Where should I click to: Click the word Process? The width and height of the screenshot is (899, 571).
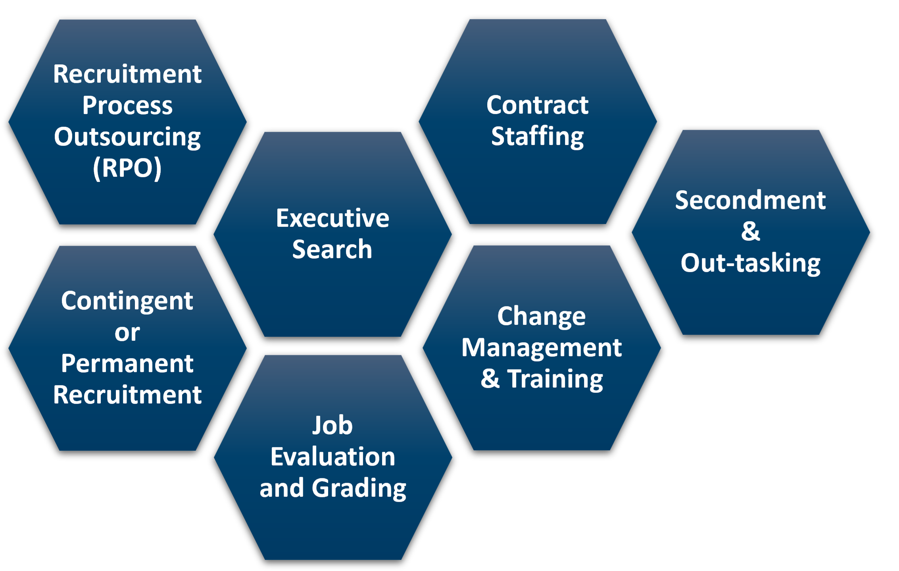127,106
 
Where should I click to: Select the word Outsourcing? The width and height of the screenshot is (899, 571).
127,137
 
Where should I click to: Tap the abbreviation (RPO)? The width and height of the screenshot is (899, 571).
127,168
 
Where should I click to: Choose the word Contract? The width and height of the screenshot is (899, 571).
538,105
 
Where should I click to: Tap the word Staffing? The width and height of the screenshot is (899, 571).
538,137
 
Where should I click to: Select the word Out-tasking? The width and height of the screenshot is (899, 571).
751,263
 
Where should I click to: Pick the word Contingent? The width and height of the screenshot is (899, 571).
127,301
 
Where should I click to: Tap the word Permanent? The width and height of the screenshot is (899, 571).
127,363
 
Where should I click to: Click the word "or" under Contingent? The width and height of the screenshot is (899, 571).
127,333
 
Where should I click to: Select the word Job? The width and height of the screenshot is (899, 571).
332,425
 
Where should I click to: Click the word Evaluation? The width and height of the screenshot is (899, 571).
332,457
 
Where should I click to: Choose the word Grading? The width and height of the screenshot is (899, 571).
359,488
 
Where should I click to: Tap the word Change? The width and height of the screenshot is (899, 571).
542,316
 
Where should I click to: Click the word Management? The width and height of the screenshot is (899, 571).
542,348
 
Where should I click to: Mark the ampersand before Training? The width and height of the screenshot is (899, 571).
490,379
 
